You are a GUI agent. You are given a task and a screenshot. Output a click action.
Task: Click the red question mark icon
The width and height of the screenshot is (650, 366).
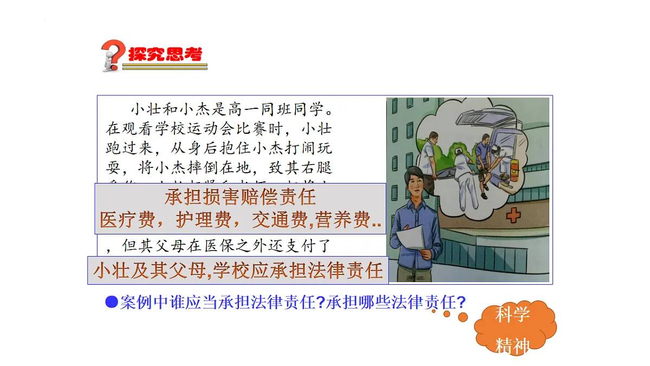coord(113,54)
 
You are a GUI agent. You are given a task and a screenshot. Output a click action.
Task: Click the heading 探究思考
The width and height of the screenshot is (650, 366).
coord(165,54)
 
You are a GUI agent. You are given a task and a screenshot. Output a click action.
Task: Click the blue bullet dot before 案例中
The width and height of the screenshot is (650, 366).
coord(111,302)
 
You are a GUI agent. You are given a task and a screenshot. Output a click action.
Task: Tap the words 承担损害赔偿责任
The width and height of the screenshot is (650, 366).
coord(240,197)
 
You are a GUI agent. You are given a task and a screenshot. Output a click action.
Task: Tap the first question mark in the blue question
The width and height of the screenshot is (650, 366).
coord(320,302)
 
